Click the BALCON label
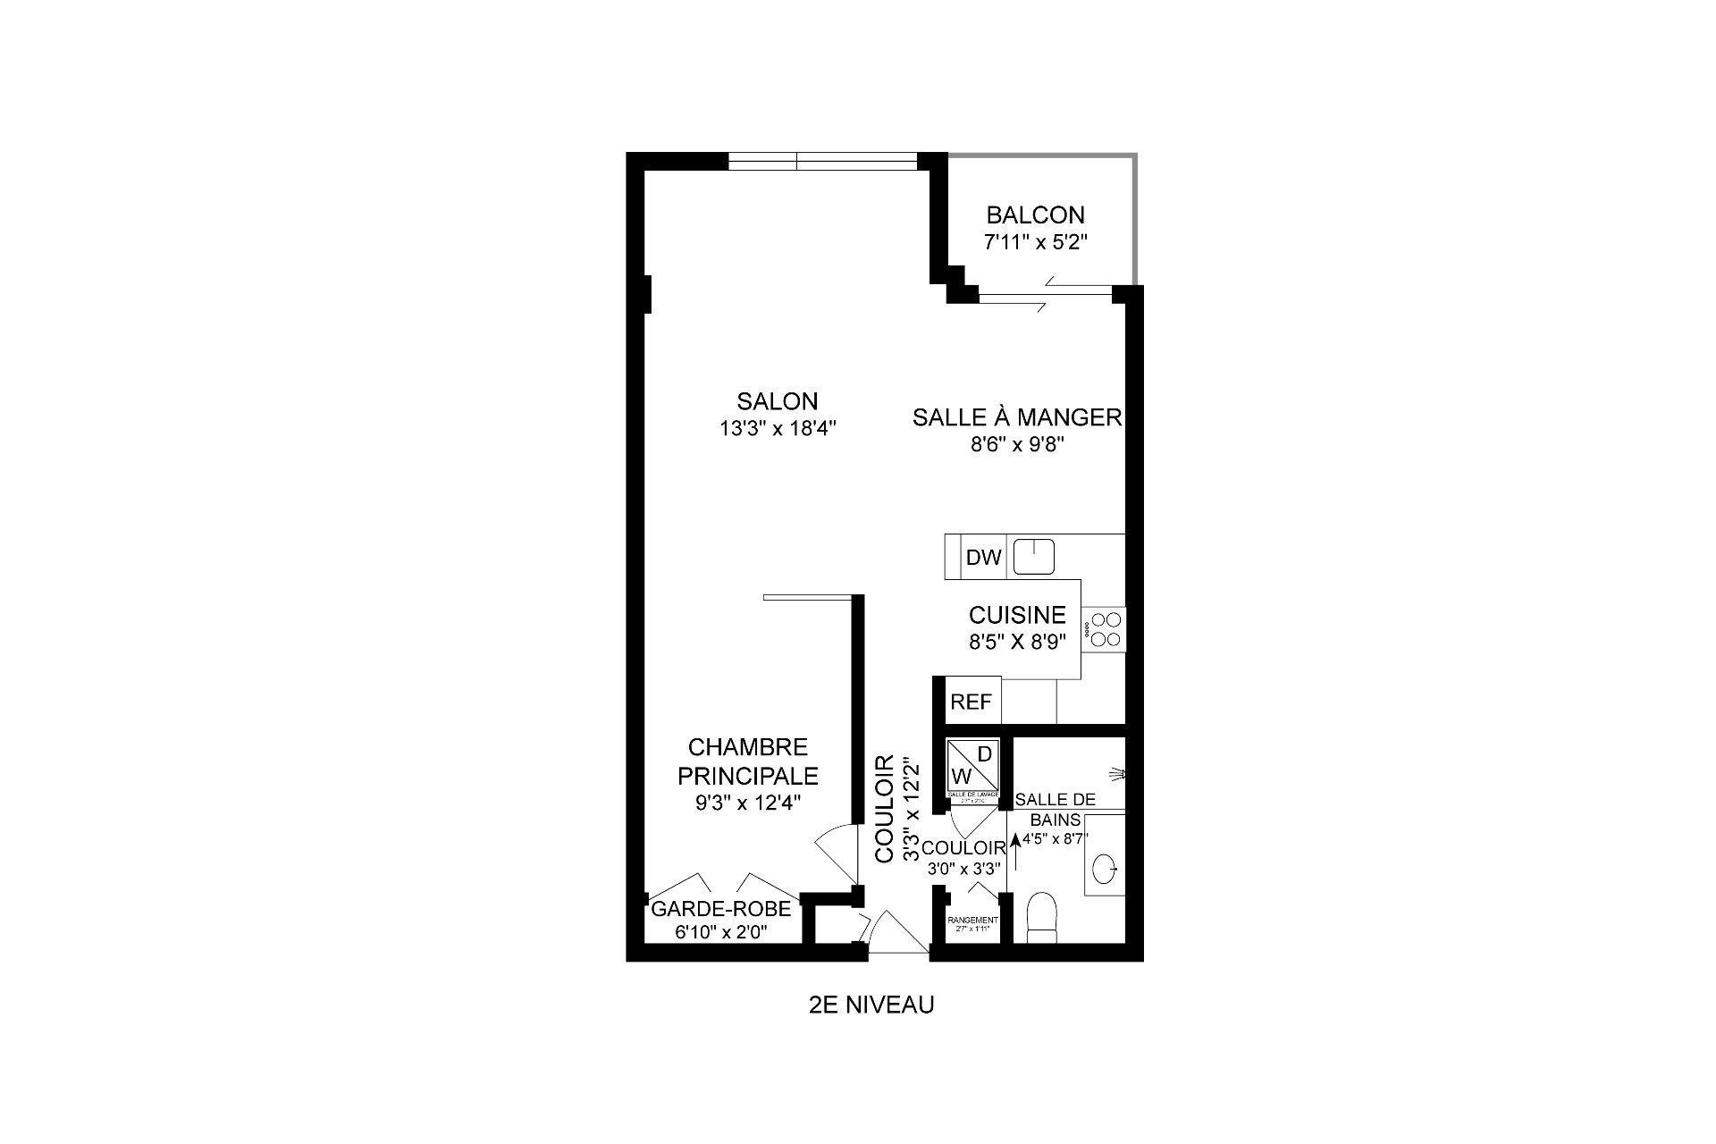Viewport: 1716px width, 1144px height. click(1035, 215)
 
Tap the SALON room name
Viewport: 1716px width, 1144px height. click(777, 401)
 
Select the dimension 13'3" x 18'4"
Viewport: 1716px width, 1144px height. click(777, 428)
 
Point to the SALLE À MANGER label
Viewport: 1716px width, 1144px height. click(1016, 417)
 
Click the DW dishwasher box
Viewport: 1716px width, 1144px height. click(984, 558)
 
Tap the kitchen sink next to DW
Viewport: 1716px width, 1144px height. click(1034, 556)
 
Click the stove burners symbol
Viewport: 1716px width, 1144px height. click(1106, 628)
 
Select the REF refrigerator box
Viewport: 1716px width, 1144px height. click(971, 702)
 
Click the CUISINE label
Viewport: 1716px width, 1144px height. click(1017, 615)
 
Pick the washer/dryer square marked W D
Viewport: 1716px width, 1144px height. click(972, 764)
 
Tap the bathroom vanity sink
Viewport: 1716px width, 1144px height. click(1105, 866)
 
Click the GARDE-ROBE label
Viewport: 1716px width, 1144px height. click(720, 909)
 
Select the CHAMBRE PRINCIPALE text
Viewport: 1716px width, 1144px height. click(748, 761)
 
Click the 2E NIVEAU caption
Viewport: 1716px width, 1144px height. click(871, 1005)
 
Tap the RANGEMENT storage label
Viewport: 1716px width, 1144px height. click(972, 920)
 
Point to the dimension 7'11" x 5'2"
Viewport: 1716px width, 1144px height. click(1035, 242)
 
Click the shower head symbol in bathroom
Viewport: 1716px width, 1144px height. click(1116, 772)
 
